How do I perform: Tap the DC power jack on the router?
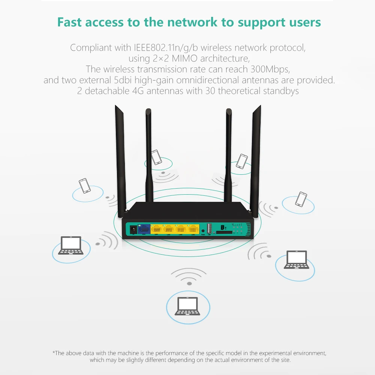pyautogui.click(x=132, y=229)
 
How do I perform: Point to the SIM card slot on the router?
pyautogui.click(x=219, y=233)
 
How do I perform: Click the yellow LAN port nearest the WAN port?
pyautogui.click(x=157, y=229)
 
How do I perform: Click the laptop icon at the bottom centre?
pyautogui.click(x=187, y=306)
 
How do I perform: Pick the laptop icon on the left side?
pyautogui.click(x=71, y=246)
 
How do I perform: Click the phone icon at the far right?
pyautogui.click(x=301, y=199)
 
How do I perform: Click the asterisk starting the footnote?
pyautogui.click(x=54, y=353)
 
